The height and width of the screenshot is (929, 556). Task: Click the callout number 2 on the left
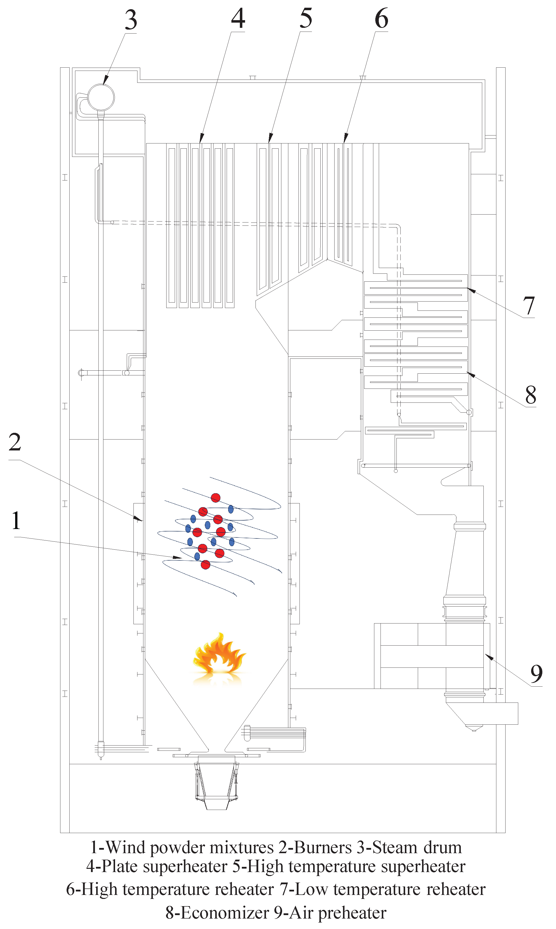pos(15,442)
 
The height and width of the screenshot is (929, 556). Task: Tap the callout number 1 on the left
pos(16,521)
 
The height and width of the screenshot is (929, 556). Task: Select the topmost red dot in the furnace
pos(215,498)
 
